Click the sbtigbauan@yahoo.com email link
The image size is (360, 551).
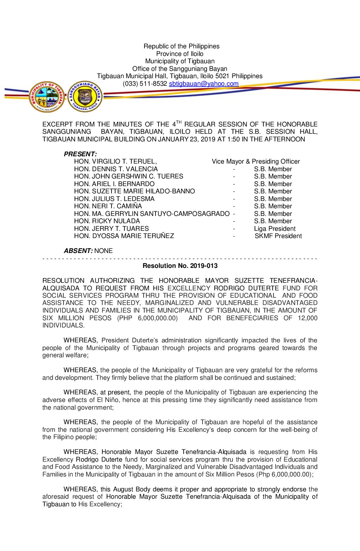[203, 84]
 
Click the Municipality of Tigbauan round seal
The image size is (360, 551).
[47, 97]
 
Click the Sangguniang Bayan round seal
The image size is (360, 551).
[85, 97]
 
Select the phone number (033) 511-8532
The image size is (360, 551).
[145, 84]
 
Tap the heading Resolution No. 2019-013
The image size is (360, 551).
[180, 266]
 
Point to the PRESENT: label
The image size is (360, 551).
[80, 154]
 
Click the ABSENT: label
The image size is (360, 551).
[78, 251]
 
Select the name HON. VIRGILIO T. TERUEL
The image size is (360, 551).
[115, 162]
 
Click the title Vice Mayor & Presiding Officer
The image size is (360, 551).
[256, 162]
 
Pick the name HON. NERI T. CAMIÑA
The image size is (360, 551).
[108, 206]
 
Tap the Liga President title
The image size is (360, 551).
[275, 229]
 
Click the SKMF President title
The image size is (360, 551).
[278, 236]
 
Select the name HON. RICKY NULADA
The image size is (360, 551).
[107, 221]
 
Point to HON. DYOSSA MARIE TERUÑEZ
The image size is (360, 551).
[124, 236]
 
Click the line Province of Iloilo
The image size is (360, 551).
[180, 54]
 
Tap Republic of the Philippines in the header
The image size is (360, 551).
[181, 46]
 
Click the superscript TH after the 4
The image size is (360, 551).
[179, 122]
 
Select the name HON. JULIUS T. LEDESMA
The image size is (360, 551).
[114, 199]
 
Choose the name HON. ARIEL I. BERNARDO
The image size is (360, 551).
[114, 184]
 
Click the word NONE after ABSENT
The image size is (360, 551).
[104, 251]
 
